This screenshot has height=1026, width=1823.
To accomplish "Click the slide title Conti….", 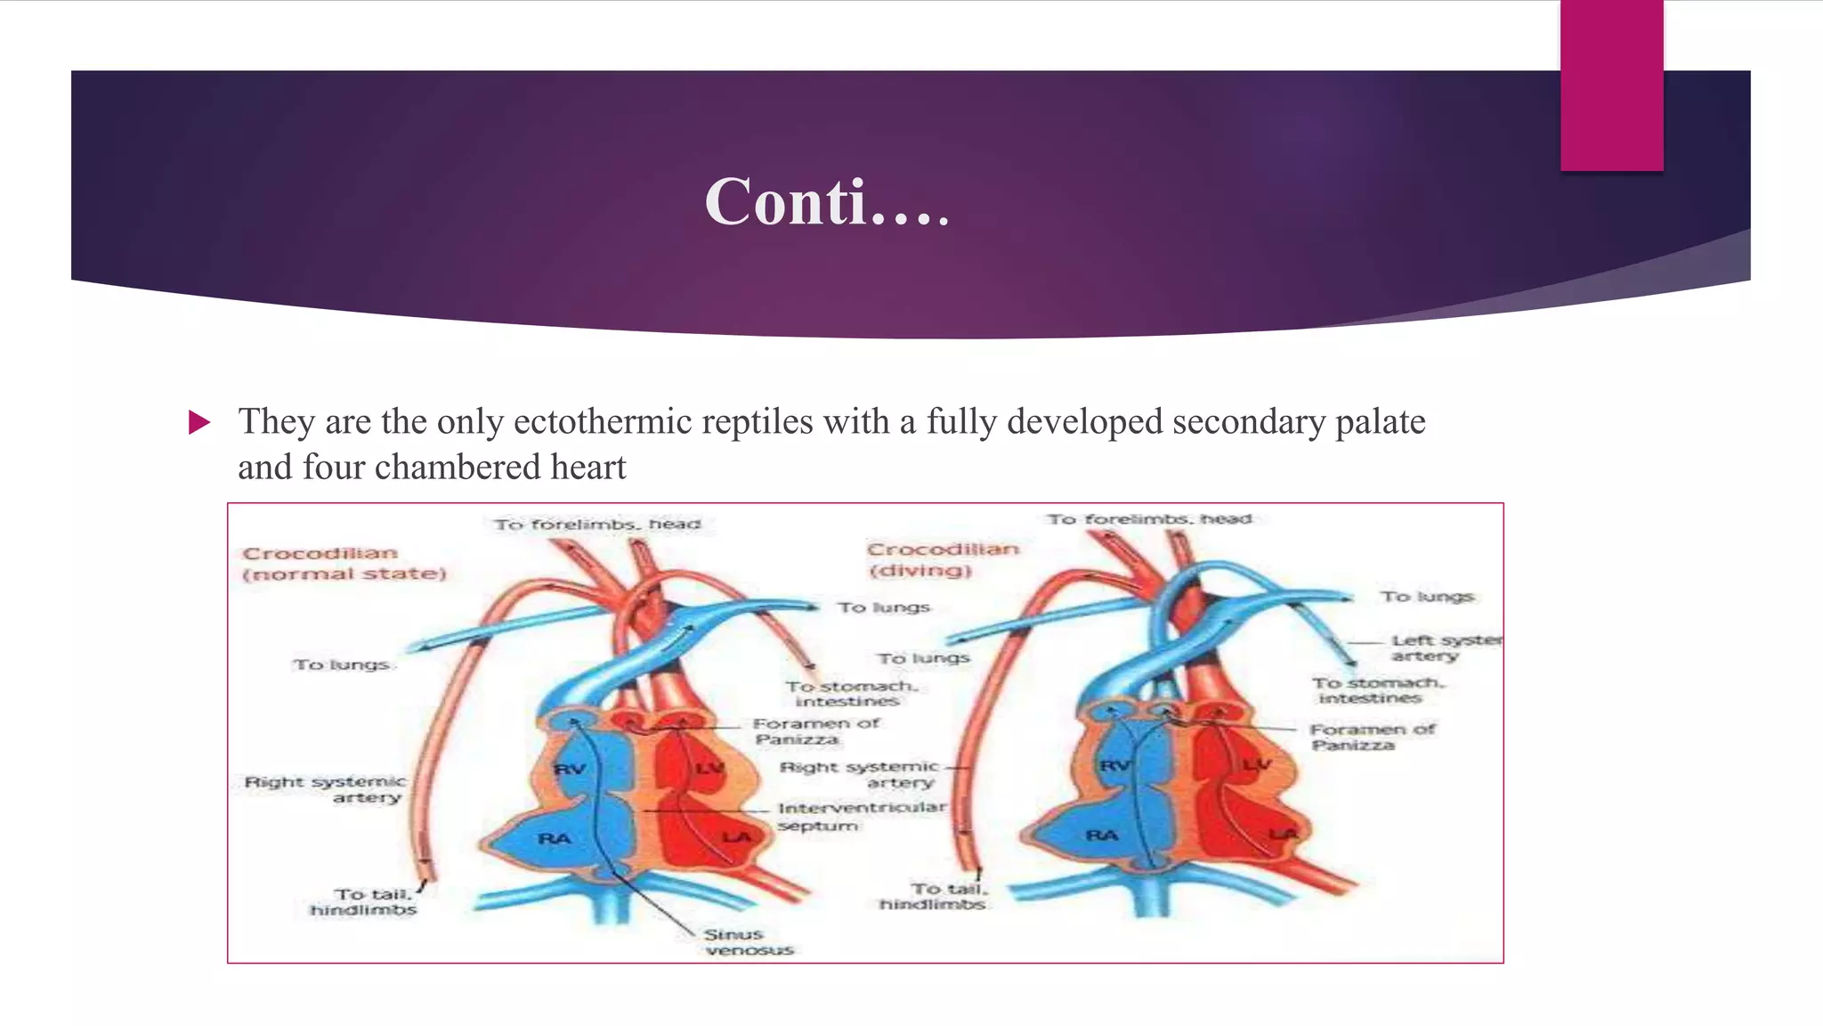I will coord(827,202).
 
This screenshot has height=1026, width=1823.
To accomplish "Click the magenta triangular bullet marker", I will coord(199,422).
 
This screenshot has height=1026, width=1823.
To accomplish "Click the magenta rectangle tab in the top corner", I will coord(1611,85).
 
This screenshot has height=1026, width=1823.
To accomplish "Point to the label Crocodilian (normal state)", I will coord(344,563).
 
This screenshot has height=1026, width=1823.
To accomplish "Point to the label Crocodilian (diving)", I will coord(943,559).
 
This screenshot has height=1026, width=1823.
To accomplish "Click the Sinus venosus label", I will coord(748,941).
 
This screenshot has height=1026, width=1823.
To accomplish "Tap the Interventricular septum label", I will coord(862,816).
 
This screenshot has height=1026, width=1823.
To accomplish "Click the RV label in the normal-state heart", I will coord(570,769).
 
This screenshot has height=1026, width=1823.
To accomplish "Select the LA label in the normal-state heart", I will coord(736,836).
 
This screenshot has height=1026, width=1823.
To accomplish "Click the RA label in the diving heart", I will coord(1101,835).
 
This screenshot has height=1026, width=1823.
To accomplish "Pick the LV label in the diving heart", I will coord(1258,765).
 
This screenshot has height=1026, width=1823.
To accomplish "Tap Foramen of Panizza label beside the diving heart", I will coord(1372,737).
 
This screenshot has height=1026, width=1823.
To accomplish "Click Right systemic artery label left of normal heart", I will coord(325,789).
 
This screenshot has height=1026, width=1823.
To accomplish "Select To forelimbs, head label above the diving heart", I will coord(1149,518).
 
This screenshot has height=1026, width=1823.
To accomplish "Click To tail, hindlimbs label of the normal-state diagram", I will coord(364,901).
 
